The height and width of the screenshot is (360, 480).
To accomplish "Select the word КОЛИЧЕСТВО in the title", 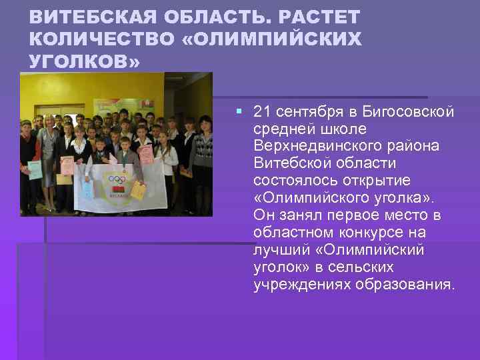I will pyautogui.click(x=101, y=39).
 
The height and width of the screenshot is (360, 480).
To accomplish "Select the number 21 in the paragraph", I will pyautogui.click(x=263, y=111).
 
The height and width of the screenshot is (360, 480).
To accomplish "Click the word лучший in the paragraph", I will pyautogui.click(x=279, y=250).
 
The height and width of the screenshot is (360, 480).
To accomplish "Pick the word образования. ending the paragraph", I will pyautogui.click(x=406, y=285).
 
